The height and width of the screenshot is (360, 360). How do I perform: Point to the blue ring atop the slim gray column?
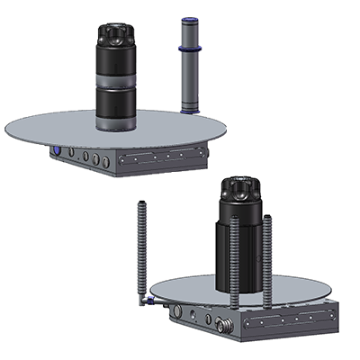[189, 19]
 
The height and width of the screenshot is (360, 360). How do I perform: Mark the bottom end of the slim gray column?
[189, 109]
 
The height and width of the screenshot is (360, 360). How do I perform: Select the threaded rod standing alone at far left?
[141, 247]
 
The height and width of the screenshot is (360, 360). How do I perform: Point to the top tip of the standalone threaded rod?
[141, 203]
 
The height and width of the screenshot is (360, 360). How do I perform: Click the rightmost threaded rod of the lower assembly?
[267, 256]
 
